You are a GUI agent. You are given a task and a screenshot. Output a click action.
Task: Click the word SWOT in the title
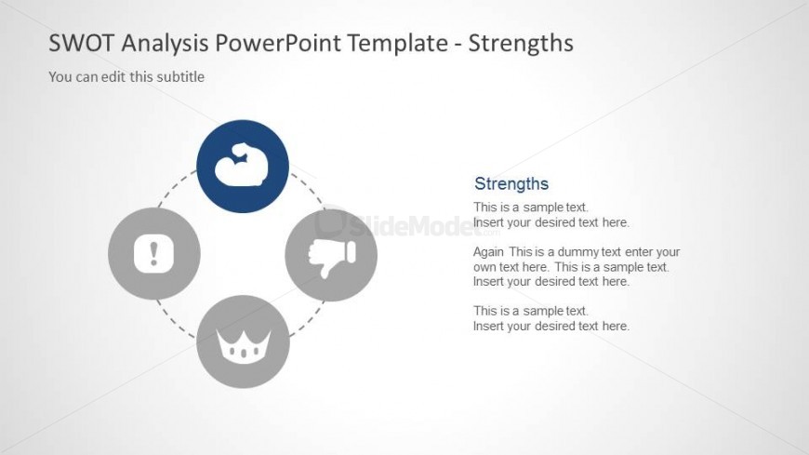(81, 43)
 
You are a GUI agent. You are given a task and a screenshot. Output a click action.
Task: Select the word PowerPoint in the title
(279, 43)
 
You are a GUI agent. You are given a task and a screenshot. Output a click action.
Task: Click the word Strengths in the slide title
(521, 44)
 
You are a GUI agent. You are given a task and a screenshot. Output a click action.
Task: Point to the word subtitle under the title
(180, 77)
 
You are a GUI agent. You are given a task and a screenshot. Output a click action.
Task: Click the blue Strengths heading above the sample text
(511, 184)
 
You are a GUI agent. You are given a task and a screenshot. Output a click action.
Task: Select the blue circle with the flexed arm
(243, 167)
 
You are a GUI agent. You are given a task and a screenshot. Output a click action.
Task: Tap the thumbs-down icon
(332, 257)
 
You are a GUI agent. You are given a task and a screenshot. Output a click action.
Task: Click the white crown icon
(244, 346)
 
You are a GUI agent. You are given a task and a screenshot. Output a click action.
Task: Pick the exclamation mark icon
(153, 253)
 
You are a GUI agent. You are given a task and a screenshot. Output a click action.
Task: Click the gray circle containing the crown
(243, 341)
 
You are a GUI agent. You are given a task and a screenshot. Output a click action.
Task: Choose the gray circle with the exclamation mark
(154, 254)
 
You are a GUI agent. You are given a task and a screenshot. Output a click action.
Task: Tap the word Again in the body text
(488, 252)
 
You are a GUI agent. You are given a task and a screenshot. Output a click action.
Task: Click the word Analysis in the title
(165, 44)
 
